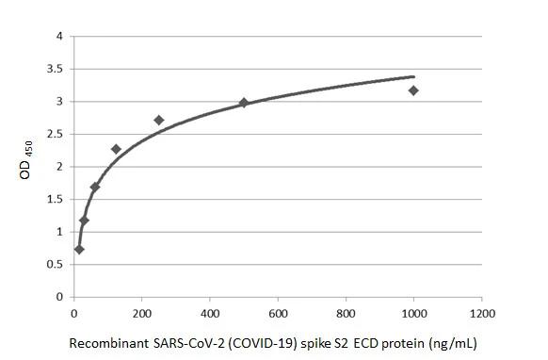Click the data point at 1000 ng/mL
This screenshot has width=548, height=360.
click(413, 90)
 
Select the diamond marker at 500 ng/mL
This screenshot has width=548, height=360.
click(244, 103)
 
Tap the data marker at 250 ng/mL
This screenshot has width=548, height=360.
click(158, 120)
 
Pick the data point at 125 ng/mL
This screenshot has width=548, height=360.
click(116, 149)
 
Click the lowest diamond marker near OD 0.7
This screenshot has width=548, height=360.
click(79, 250)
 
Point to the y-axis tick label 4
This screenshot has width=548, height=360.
click(60, 37)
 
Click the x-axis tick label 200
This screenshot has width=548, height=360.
click(141, 311)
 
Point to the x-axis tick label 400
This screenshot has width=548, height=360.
click(210, 311)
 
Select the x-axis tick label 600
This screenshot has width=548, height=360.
click(278, 311)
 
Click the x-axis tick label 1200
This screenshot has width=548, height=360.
click(482, 311)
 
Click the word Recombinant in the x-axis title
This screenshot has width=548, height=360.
click(106, 343)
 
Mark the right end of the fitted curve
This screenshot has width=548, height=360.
click(413, 76)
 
